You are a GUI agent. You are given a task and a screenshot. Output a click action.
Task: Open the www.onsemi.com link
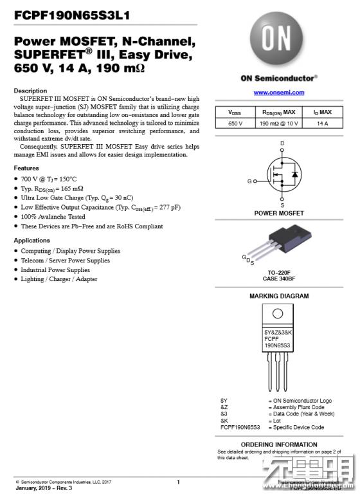point(278,93)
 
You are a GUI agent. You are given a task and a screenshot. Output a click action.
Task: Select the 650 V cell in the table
point(235,123)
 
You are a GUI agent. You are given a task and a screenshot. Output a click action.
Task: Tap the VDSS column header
point(235,112)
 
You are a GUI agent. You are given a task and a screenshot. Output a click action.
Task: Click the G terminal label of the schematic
point(249,181)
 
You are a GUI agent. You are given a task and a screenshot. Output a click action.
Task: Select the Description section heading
point(30,91)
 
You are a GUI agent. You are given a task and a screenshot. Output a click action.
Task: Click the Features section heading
point(26,168)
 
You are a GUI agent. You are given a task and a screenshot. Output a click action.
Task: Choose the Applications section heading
point(32,240)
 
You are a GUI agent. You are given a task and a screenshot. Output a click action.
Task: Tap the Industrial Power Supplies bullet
point(55,270)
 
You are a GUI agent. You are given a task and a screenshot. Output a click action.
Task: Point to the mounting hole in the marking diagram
point(278,314)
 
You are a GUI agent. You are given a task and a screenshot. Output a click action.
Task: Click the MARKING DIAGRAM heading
point(278,296)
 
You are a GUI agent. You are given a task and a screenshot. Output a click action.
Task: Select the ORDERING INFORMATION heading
point(278,444)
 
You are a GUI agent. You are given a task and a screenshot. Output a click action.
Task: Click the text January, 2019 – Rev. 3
point(44,488)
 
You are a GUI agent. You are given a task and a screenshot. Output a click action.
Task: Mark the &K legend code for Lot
point(224,420)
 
